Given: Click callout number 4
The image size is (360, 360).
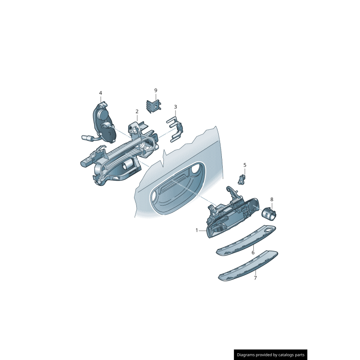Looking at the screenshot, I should pos(100,93).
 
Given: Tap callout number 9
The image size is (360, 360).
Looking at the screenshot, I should pos(156,90).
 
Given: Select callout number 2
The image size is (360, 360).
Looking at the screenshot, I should pos(137,111).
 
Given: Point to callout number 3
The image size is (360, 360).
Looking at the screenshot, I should pos(175,107).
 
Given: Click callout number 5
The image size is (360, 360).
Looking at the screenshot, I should pos(245,165).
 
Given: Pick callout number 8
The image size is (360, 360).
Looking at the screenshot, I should pos(271,199).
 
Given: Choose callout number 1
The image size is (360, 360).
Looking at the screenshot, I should pos(197,230).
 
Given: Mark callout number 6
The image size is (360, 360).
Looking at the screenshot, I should pos(253,253).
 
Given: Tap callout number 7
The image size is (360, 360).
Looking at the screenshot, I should pos(255,278).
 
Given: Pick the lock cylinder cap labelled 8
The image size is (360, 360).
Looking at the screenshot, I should pos(270,212).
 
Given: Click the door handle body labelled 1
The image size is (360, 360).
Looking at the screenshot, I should pos(232,216).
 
